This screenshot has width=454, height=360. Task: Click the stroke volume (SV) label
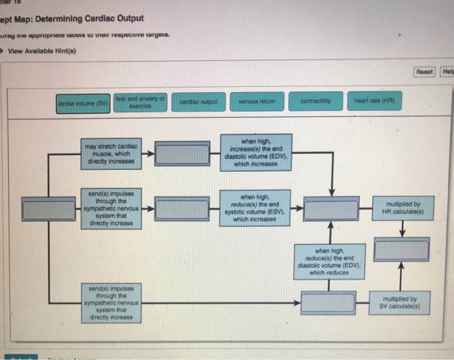pos(84,102)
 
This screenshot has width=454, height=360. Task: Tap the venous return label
pos(258,102)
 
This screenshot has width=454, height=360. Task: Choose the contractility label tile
pos(317,102)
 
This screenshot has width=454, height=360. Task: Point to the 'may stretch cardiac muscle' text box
pos(112,154)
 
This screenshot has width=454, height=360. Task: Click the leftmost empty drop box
pos(49,209)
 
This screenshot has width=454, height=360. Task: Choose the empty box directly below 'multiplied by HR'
pos(402,249)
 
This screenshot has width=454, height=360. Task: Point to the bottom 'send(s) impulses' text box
pos(112,302)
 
